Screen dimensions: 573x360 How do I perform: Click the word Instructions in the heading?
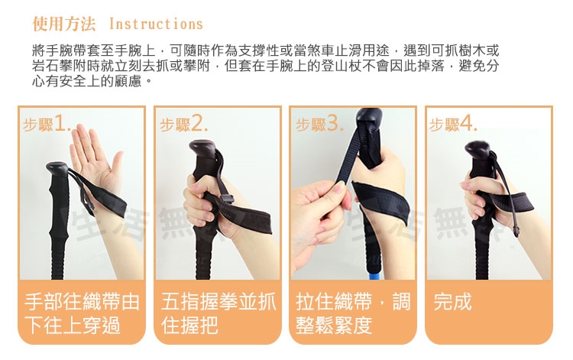tap(156, 24)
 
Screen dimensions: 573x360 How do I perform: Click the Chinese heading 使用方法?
tap(64, 24)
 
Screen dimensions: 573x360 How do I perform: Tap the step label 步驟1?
tap(47, 124)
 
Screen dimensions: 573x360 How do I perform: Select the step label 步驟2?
tap(183, 124)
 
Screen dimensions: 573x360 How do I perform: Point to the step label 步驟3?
tap(319, 124)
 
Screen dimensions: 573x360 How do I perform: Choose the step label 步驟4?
tap(453, 124)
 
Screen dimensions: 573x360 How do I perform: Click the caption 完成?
tap(452, 301)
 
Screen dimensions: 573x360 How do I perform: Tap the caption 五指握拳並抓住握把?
tap(219, 313)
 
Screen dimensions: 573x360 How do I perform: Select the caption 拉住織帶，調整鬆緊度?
tap(353, 313)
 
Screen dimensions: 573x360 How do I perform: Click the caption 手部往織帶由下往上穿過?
tap(82, 313)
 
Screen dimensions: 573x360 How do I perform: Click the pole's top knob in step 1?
tap(57, 170)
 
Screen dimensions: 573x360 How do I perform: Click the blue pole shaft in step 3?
tap(372, 275)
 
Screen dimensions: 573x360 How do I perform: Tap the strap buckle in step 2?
tap(228, 199)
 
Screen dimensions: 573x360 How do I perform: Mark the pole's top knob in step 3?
tap(369, 118)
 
